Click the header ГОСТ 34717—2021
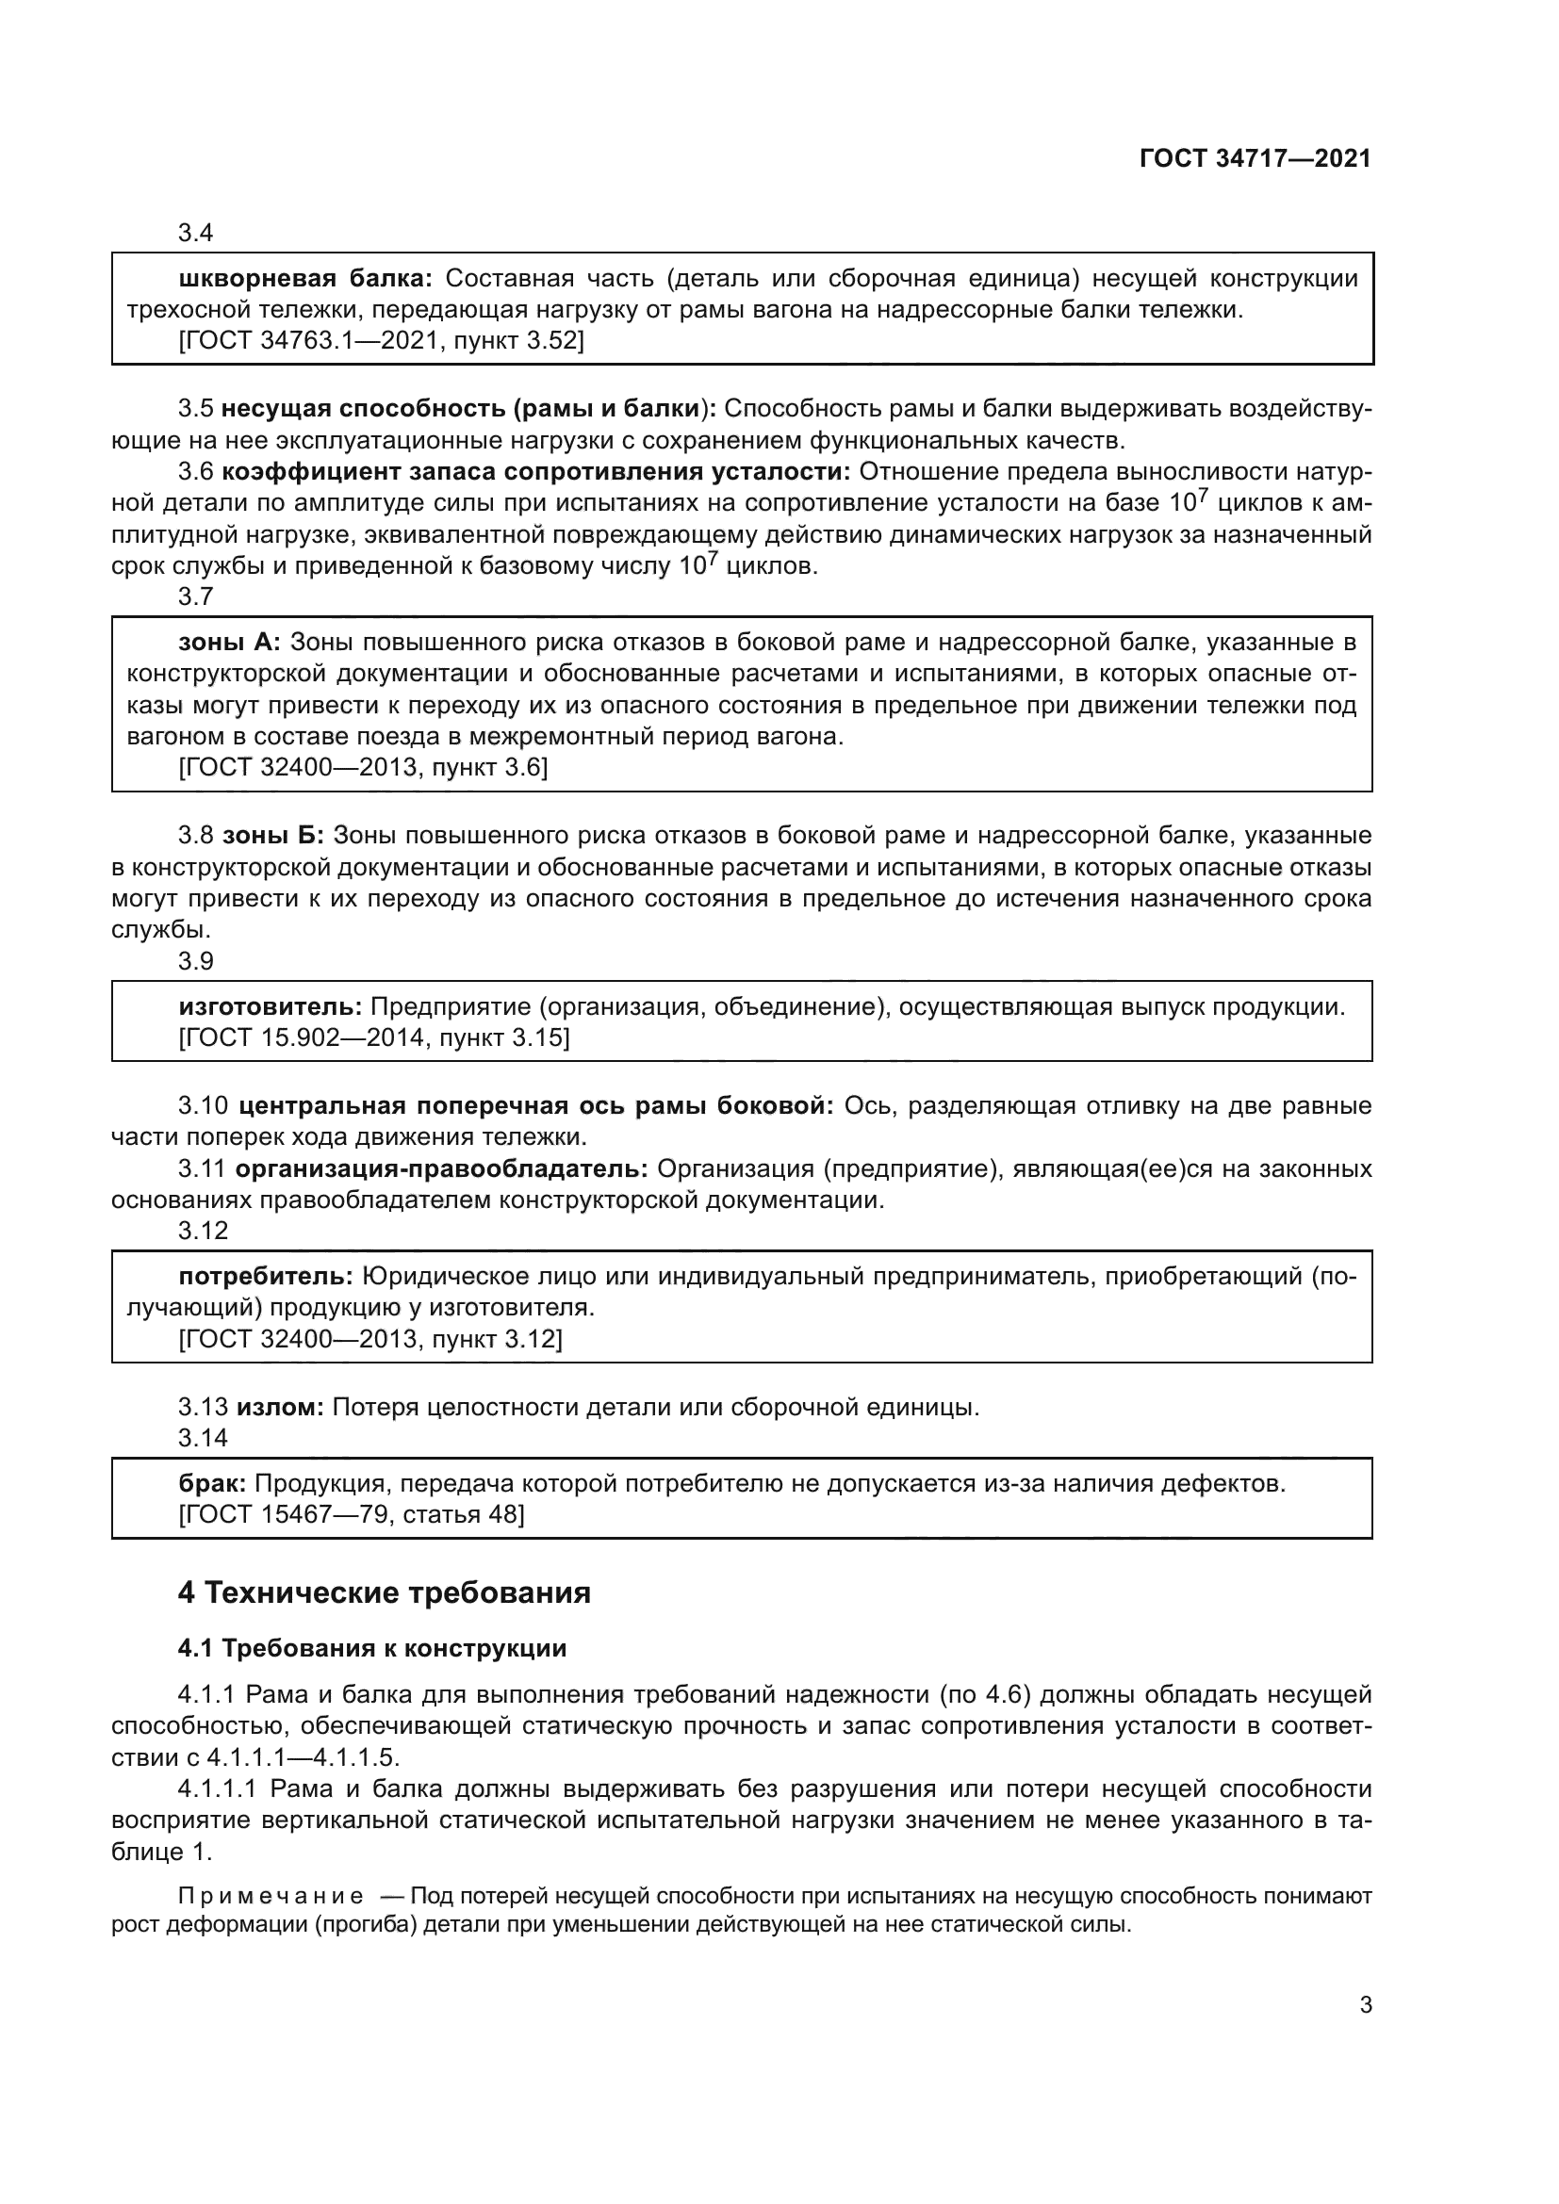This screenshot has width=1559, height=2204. click(x=1255, y=158)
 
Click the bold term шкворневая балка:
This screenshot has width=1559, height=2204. click(x=305, y=278)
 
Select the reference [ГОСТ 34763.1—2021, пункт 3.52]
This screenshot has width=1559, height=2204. click(x=381, y=340)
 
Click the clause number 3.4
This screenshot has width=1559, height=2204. click(x=195, y=233)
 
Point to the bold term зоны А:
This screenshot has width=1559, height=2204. click(x=229, y=643)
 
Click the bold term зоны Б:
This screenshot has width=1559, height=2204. click(x=273, y=835)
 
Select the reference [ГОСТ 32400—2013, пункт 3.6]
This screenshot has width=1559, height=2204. click(x=363, y=767)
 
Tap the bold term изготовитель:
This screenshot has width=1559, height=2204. click(x=270, y=1007)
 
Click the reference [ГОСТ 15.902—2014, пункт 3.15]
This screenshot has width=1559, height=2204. click(x=373, y=1037)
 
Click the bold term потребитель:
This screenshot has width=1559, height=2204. click(x=266, y=1277)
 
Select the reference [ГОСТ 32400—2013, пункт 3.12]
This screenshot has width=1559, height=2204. click(x=369, y=1338)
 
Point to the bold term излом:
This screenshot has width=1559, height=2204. click(x=280, y=1407)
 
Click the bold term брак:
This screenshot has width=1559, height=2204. click(x=212, y=1484)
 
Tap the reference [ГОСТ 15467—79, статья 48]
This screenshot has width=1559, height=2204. click(x=352, y=1515)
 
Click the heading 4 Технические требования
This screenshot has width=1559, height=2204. click(x=383, y=1593)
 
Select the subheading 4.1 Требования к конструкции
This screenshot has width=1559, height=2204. click(x=371, y=1648)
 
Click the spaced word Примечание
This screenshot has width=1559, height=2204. click(x=270, y=1896)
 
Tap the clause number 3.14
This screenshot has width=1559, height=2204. click(x=202, y=1438)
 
